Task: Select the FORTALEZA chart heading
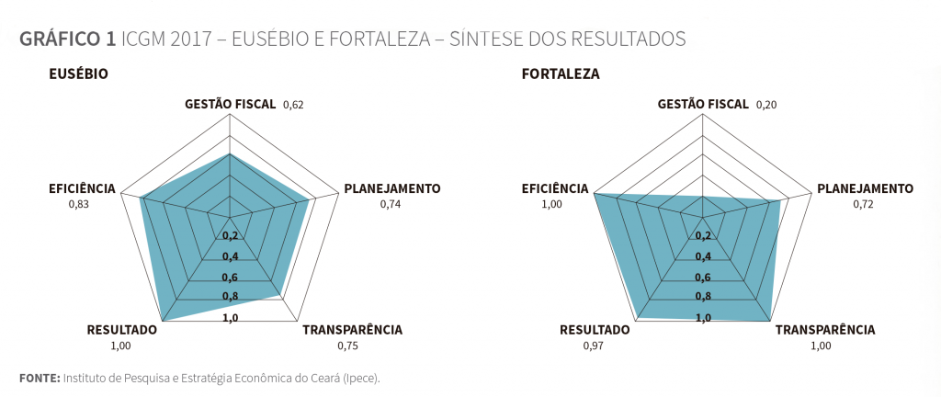pyautogui.click(x=561, y=74)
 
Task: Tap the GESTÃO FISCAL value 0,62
pyautogui.click(x=293, y=105)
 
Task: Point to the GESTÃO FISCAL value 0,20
pyautogui.click(x=765, y=105)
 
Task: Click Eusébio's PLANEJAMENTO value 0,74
pyautogui.click(x=391, y=204)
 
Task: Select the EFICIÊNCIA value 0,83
pyautogui.click(x=79, y=204)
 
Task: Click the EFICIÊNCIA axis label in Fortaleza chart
pyautogui.click(x=555, y=188)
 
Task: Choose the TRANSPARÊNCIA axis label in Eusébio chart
pyautogui.click(x=352, y=330)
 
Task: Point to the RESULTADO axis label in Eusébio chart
pyautogui.click(x=122, y=330)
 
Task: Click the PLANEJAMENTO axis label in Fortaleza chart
pyautogui.click(x=865, y=188)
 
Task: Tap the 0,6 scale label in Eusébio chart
pyautogui.click(x=230, y=278)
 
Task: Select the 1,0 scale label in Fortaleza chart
pyautogui.click(x=702, y=318)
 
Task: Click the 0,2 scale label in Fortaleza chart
pyautogui.click(x=702, y=236)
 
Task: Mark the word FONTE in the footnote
pyautogui.click(x=40, y=378)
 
